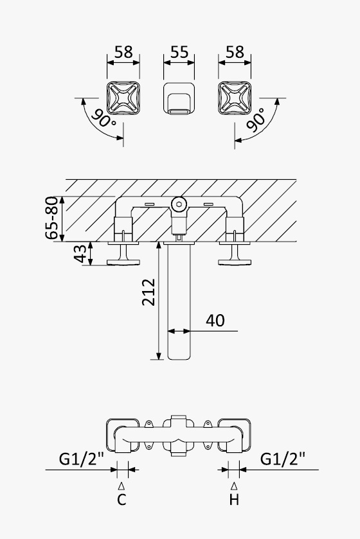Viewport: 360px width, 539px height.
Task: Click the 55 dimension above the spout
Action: coord(179,52)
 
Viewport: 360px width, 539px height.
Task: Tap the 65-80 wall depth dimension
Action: coord(51,218)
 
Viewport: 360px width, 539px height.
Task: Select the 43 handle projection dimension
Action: coord(80,254)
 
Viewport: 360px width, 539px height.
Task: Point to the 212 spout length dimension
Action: coord(148,292)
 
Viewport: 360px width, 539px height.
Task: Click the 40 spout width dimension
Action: coord(215,321)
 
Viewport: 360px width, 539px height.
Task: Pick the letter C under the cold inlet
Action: coord(122,499)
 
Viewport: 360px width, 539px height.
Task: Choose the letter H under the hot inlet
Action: coord(234,499)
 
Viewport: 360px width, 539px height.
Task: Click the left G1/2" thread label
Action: coord(82,459)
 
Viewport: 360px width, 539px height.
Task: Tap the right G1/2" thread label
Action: coord(283,459)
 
